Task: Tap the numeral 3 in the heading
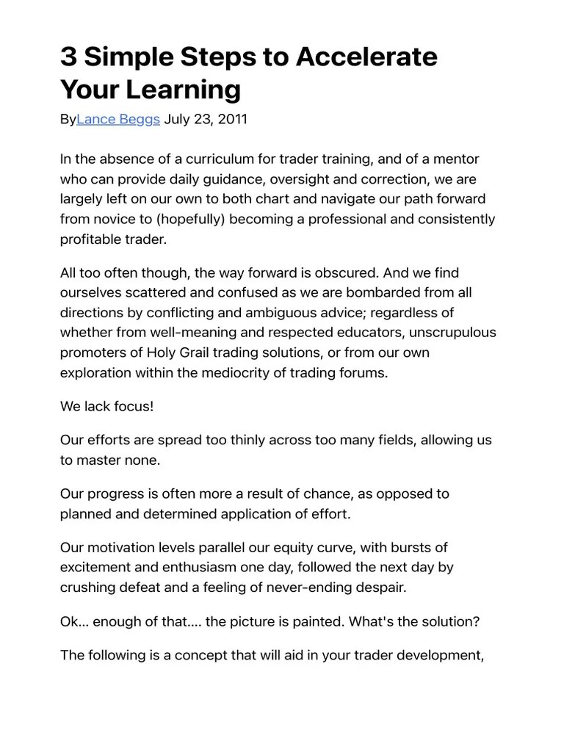[x=68, y=57]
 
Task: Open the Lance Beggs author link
[x=118, y=119]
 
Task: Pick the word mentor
[x=458, y=159]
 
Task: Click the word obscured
[x=345, y=273]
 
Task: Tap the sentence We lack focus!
[x=107, y=406]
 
